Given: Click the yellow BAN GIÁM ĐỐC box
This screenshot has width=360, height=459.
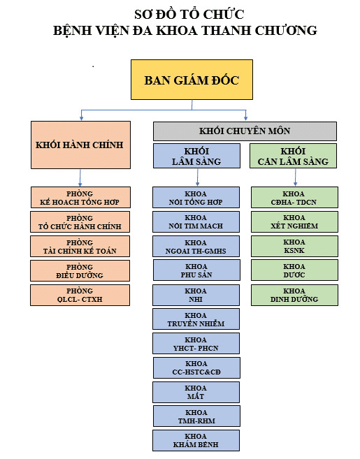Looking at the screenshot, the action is tap(192, 80).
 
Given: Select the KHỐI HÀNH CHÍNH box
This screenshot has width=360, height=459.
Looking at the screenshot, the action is tap(80, 145).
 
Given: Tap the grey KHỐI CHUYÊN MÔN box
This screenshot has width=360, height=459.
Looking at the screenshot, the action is tap(245, 131).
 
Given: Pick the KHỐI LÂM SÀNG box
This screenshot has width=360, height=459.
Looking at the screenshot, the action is tap(196, 156).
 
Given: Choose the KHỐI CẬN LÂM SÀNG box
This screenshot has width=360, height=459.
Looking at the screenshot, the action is tap(293, 156).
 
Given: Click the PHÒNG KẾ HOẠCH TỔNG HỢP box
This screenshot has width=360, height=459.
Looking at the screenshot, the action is tap(80, 197).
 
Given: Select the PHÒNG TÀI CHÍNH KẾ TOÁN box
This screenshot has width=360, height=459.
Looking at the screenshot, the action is tap(80, 246).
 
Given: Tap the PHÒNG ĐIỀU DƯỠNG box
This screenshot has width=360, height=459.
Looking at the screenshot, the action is tap(80, 271).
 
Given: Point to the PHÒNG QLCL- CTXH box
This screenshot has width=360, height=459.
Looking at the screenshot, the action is tap(80, 295).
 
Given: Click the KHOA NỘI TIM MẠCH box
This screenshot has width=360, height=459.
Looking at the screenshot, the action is tap(196, 221).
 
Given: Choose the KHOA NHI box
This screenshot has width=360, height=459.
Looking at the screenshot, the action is tap(196, 295).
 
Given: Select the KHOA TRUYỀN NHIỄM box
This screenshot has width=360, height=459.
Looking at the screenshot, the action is tap(196, 319).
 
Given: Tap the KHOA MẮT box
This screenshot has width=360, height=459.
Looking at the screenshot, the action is tap(196, 392).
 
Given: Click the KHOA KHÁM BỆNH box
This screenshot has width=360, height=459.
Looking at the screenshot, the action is tap(196, 440).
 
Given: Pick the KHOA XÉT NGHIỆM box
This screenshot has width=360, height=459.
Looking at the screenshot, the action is tap(294, 221).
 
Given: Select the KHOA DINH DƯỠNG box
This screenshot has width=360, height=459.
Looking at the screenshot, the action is tap(294, 295).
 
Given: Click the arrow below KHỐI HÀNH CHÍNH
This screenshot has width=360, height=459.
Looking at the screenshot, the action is tap(80, 177).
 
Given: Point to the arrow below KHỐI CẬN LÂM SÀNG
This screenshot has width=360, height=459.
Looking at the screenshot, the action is tap(295, 177).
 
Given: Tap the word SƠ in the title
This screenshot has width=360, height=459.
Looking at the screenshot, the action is tap(143, 15).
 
